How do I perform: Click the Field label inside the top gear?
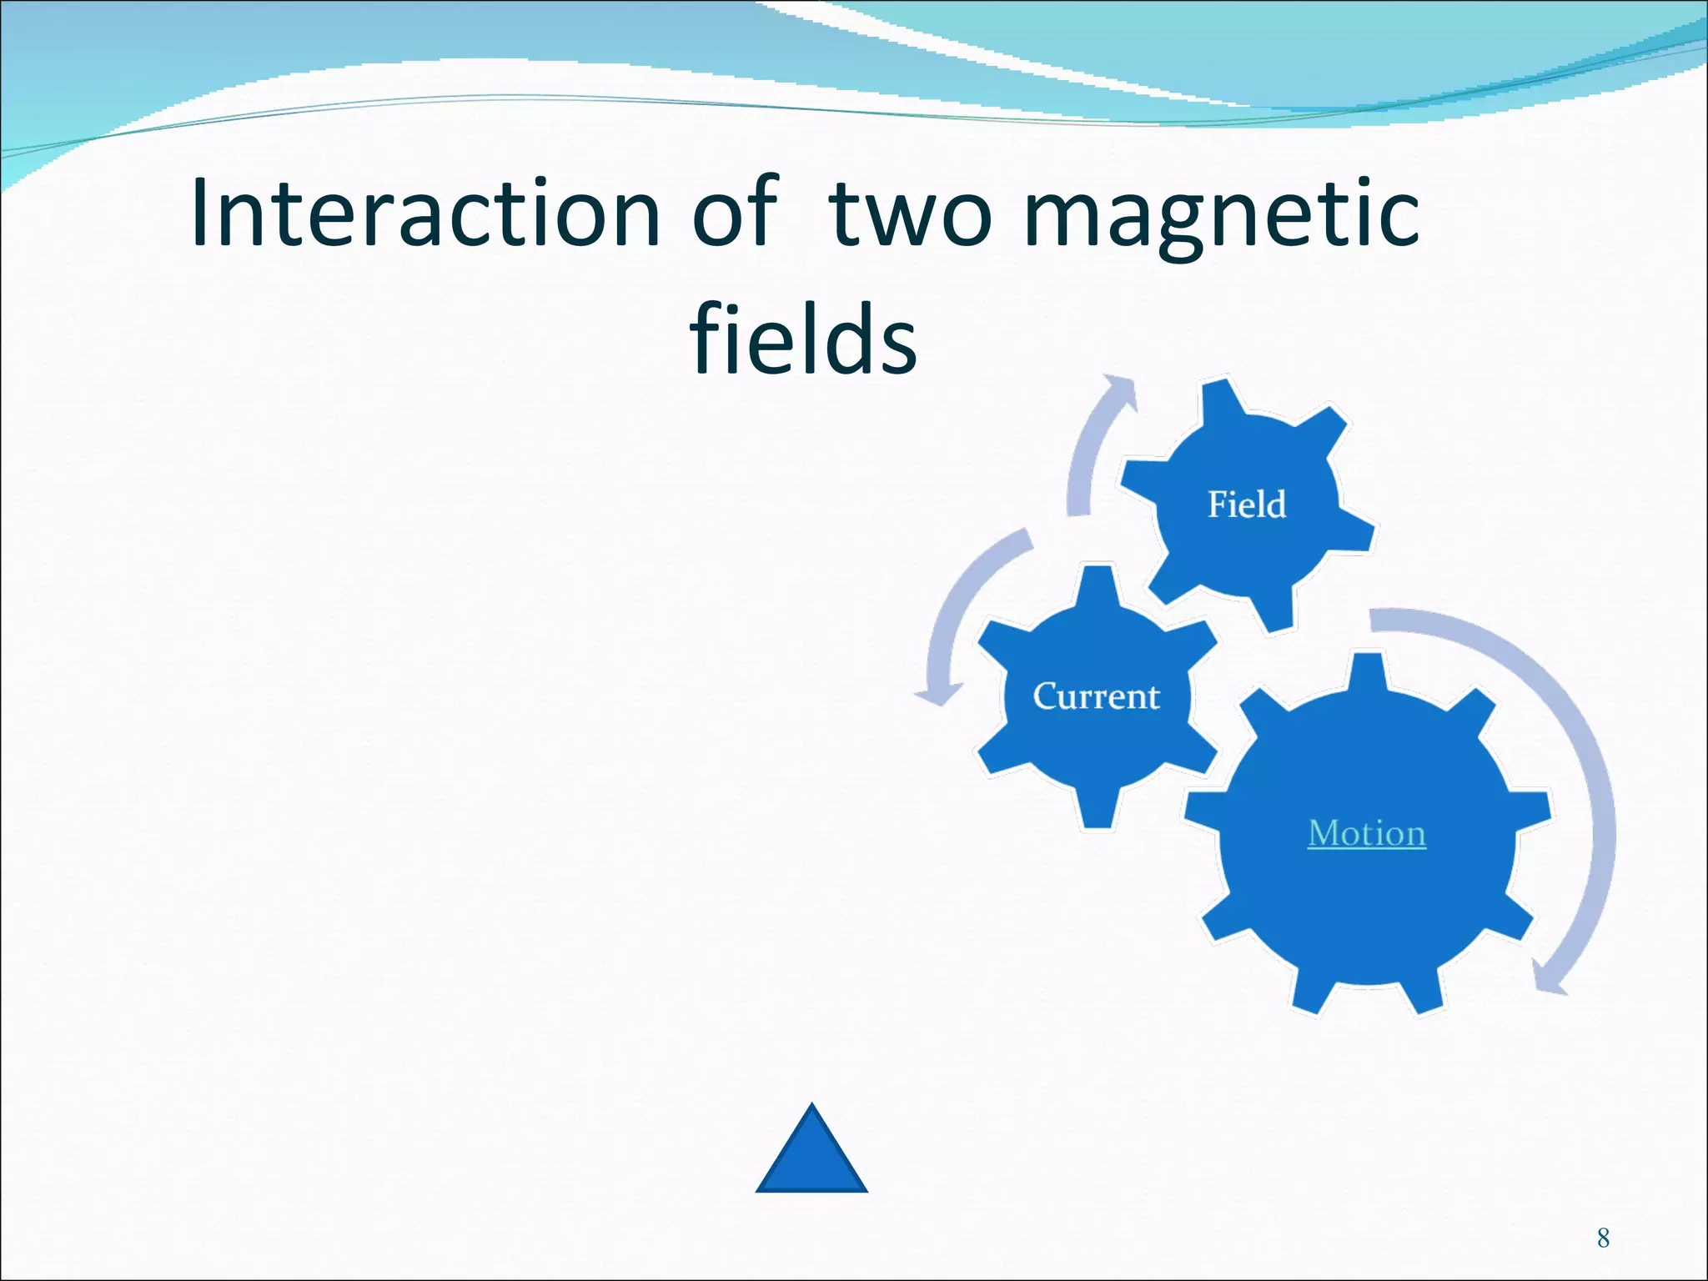[x=1247, y=505]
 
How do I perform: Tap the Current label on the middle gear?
[x=1096, y=696]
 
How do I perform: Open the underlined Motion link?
[x=1367, y=833]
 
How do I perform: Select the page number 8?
[x=1603, y=1238]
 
